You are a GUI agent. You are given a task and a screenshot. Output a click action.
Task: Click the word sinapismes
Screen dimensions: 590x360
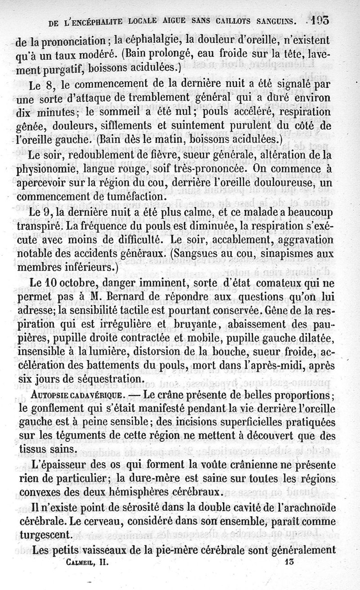[291, 253]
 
